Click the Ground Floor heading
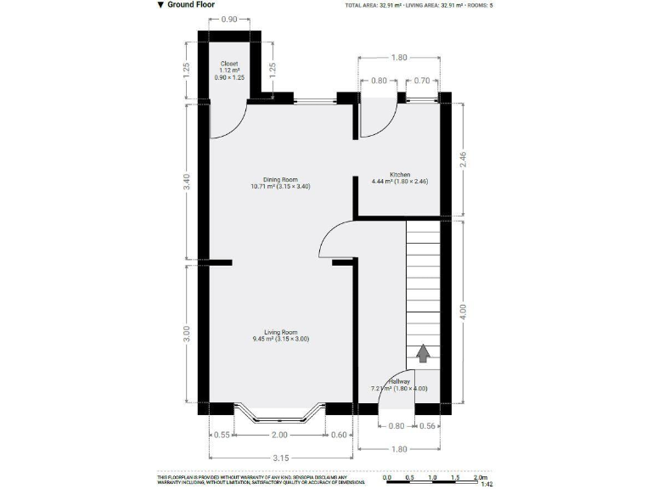tap(190, 4)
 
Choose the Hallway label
tap(399, 383)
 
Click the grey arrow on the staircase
tap(422, 351)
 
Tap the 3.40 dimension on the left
tap(186, 183)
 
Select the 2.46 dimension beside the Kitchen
tap(463, 159)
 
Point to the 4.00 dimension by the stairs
tap(463, 310)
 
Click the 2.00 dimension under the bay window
tap(279, 435)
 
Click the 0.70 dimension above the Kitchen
tap(422, 81)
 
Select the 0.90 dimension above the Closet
tap(229, 20)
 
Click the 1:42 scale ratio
tap(486, 485)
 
